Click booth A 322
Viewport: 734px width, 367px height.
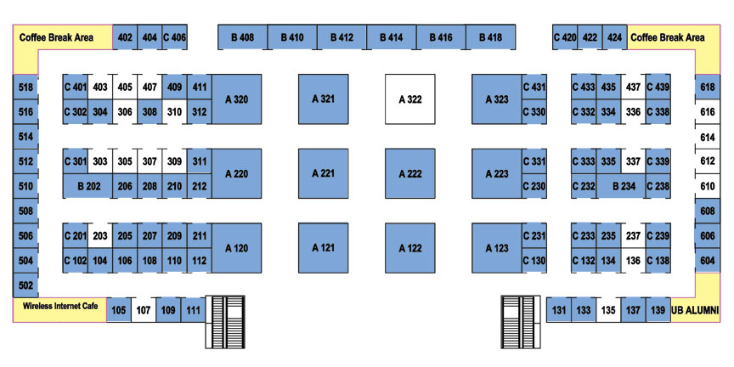click(x=410, y=99)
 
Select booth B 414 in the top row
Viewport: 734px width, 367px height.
click(x=392, y=37)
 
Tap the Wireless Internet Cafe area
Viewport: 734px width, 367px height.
click(x=60, y=309)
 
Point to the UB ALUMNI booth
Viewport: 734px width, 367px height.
click(x=695, y=310)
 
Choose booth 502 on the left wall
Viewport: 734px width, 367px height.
click(x=25, y=285)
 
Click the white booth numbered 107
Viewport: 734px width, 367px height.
click(x=144, y=310)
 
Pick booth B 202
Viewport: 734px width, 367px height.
click(x=88, y=186)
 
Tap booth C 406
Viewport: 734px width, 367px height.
click(x=175, y=37)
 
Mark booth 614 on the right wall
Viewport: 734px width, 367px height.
click(x=708, y=137)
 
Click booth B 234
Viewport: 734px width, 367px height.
click(x=621, y=186)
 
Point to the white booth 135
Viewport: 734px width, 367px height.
click(x=608, y=310)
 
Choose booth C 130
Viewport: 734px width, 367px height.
click(x=534, y=261)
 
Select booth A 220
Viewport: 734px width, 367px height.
click(x=237, y=173)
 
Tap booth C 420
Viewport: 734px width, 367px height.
click(x=565, y=37)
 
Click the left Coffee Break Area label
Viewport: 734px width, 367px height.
click(x=56, y=37)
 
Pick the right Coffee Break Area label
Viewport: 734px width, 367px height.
click(x=668, y=37)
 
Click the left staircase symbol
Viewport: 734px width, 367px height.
click(x=225, y=322)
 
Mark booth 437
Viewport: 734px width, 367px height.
click(x=633, y=87)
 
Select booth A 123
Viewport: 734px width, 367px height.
click(x=497, y=248)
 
